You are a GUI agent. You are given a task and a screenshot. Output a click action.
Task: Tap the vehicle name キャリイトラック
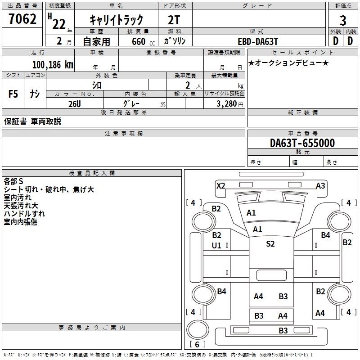(117, 20)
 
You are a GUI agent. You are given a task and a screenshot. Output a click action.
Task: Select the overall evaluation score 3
(343, 20)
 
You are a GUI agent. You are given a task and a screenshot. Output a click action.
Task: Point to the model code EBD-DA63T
(258, 41)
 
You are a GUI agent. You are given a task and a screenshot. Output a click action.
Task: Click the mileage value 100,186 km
(53, 65)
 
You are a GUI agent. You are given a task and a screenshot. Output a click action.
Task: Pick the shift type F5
(13, 94)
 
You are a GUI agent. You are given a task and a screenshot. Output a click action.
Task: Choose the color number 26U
(74, 103)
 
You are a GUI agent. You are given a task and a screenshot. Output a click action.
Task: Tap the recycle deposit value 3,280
(229, 103)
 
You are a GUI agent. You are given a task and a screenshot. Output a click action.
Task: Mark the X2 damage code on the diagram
(220, 185)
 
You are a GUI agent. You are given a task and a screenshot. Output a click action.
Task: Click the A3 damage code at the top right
(320, 185)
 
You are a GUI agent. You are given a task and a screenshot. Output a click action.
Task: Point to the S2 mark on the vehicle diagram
(270, 244)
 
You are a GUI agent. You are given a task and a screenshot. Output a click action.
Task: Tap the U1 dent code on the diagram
(216, 245)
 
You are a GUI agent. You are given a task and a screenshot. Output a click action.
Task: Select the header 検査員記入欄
(92, 173)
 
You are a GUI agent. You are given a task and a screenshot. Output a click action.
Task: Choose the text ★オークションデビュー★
(288, 63)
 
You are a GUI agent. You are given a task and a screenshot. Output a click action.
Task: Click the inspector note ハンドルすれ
(24, 214)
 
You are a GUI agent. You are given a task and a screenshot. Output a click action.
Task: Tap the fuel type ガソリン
(175, 41)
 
